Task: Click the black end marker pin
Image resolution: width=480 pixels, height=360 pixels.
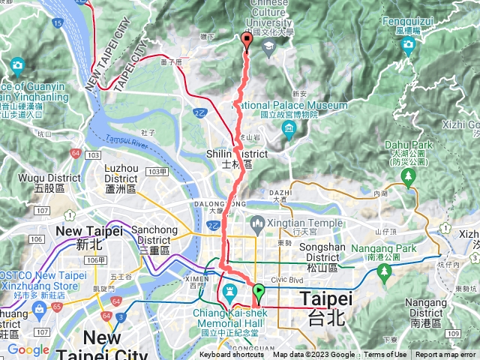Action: pyautogui.click(x=247, y=40)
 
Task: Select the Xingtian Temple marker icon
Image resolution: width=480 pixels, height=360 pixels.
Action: pyautogui.click(x=256, y=223)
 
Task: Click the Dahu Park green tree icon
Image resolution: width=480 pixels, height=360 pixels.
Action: pyautogui.click(x=408, y=178)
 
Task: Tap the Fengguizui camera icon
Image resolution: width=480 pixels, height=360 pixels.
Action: pyautogui.click(x=408, y=47)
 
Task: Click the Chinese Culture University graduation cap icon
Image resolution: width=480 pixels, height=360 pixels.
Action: pyautogui.click(x=268, y=46)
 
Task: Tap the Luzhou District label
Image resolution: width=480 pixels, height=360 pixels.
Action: pyautogui.click(x=121, y=178)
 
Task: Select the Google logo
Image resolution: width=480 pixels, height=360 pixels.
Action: pyautogui.click(x=28, y=349)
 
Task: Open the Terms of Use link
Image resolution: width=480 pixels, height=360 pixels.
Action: pyautogui.click(x=385, y=355)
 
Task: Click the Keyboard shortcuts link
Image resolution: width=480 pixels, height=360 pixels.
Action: pyautogui.click(x=232, y=355)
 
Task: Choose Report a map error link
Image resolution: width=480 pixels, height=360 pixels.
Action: pyautogui.click(x=447, y=355)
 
